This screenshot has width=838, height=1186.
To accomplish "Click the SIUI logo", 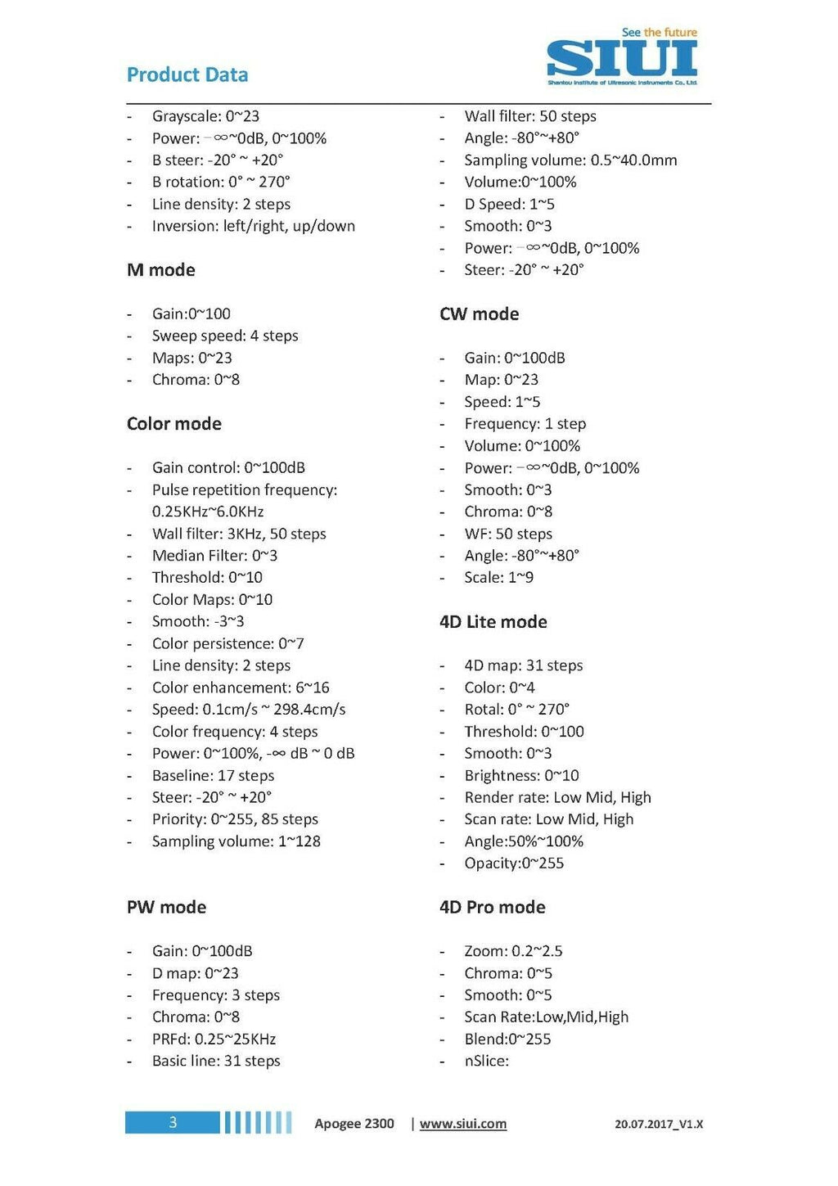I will [622, 59].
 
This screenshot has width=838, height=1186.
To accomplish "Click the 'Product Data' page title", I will [187, 74].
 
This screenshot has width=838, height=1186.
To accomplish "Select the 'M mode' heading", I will [161, 270].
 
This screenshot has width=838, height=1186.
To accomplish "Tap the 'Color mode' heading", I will [174, 424].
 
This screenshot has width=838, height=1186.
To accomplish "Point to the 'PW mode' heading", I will [166, 907].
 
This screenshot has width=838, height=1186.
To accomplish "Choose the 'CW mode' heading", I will [479, 314].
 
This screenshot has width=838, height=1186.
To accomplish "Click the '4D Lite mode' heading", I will [493, 622].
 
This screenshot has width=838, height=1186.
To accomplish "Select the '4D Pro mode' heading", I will [492, 907].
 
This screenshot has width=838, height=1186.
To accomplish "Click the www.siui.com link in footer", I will [463, 1124].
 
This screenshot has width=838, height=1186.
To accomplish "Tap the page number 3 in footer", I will [173, 1122].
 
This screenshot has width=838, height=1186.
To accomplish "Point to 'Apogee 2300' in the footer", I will [354, 1124].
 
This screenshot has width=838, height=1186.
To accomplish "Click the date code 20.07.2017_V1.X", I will [659, 1125].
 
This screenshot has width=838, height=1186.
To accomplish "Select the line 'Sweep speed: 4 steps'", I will [225, 336].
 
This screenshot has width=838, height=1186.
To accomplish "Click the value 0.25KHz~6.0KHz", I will [208, 512].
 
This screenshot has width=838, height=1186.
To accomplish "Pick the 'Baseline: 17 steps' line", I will [213, 776].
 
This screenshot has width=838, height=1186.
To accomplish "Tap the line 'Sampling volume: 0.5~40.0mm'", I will [570, 160].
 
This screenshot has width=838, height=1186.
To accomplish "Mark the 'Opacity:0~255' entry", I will [514, 864].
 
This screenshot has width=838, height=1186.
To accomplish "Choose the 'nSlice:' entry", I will [486, 1062].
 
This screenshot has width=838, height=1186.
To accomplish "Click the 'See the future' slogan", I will [660, 33].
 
